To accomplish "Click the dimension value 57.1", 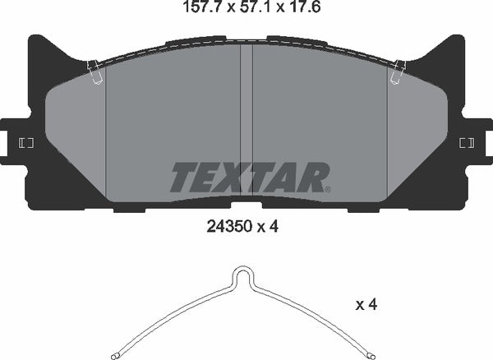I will click(x=246, y=11).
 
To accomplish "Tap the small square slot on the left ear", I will click(x=25, y=144).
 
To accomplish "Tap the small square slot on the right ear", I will click(x=466, y=144).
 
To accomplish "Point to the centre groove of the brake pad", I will click(x=246, y=123).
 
